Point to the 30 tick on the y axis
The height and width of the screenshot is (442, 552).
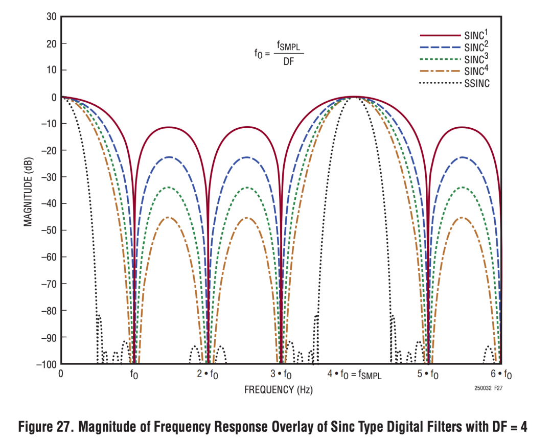[x=51, y=16]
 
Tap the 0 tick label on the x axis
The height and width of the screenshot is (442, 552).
[x=61, y=374]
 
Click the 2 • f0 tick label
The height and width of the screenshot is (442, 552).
[x=208, y=375]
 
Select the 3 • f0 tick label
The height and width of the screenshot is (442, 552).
[x=281, y=375]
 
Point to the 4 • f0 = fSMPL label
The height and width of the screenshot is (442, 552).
[x=354, y=375]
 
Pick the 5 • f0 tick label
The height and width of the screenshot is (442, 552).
[x=428, y=375]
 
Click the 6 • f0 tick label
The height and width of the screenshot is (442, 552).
[x=501, y=375]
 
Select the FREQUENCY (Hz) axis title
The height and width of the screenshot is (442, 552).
[x=278, y=390]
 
